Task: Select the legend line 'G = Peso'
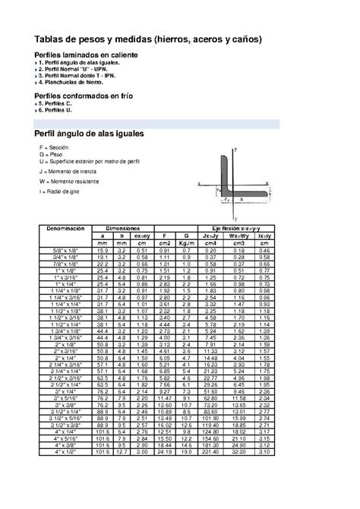point(52,154)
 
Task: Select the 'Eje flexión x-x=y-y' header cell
point(235,228)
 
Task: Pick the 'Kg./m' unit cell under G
point(185,242)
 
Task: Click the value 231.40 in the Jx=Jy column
point(210,452)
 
